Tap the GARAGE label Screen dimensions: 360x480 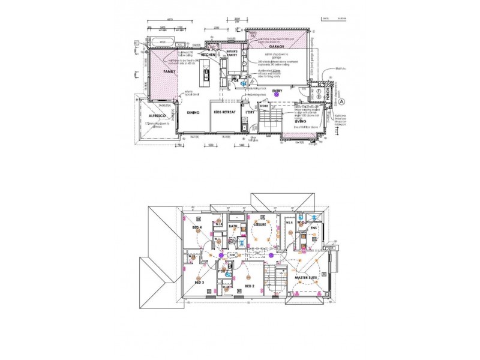(277, 46)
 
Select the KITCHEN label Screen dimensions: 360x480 (208, 55)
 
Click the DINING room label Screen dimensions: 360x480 (193, 112)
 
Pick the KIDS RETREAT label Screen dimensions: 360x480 (224, 112)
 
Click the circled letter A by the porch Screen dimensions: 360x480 (343, 101)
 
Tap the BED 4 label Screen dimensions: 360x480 (196, 229)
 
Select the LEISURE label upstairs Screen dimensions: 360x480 (259, 224)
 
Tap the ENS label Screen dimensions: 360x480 (313, 228)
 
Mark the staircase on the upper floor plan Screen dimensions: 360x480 (280, 279)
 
